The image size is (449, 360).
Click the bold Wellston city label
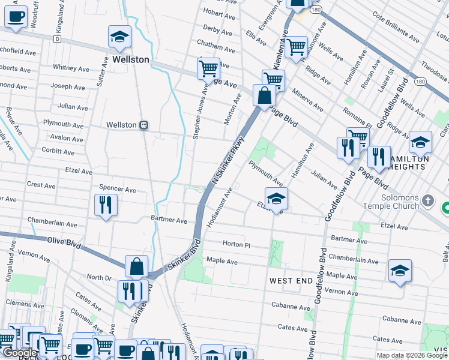130,60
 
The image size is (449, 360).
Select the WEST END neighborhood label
291,281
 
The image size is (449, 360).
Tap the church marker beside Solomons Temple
427,200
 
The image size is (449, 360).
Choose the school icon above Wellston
119,37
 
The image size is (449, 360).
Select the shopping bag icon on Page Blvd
264,95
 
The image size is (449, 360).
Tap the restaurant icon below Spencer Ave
104,205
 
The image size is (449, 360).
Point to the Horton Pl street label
235,244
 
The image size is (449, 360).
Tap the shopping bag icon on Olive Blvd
137,266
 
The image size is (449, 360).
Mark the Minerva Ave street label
308,101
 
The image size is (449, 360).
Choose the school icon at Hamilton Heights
420,143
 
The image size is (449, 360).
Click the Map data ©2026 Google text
412,355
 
